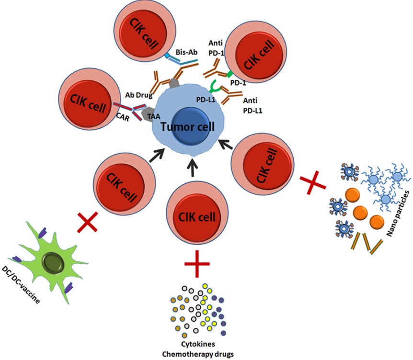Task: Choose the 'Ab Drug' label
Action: coord(138,94)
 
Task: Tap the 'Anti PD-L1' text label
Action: coord(252,105)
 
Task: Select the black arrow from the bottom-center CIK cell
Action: coord(193,167)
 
